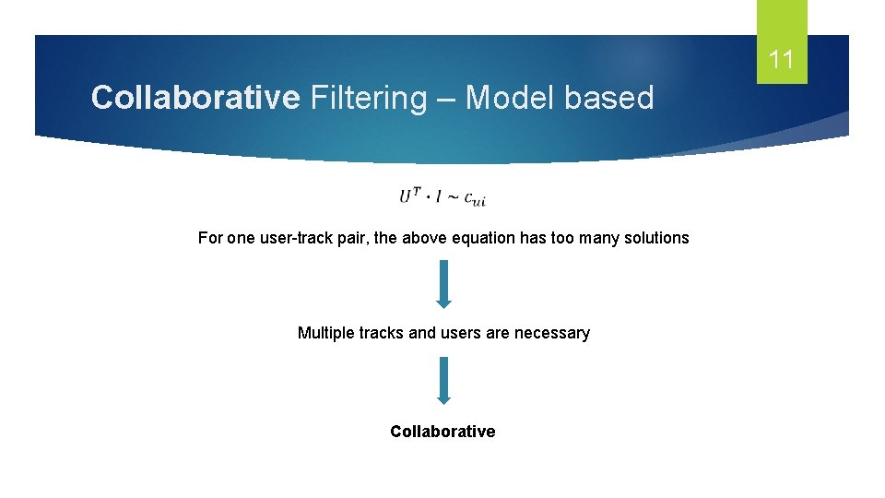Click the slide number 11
click(x=781, y=61)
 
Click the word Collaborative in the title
click(x=195, y=97)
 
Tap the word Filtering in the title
click(x=369, y=97)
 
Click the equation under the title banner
click(x=442, y=196)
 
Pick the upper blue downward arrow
click(x=443, y=283)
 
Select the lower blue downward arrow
click(x=443, y=380)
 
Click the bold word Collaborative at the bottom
click(x=442, y=432)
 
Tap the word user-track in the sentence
click(x=291, y=238)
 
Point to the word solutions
click(x=655, y=238)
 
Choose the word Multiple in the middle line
click(x=324, y=333)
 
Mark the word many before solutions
click(x=596, y=238)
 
